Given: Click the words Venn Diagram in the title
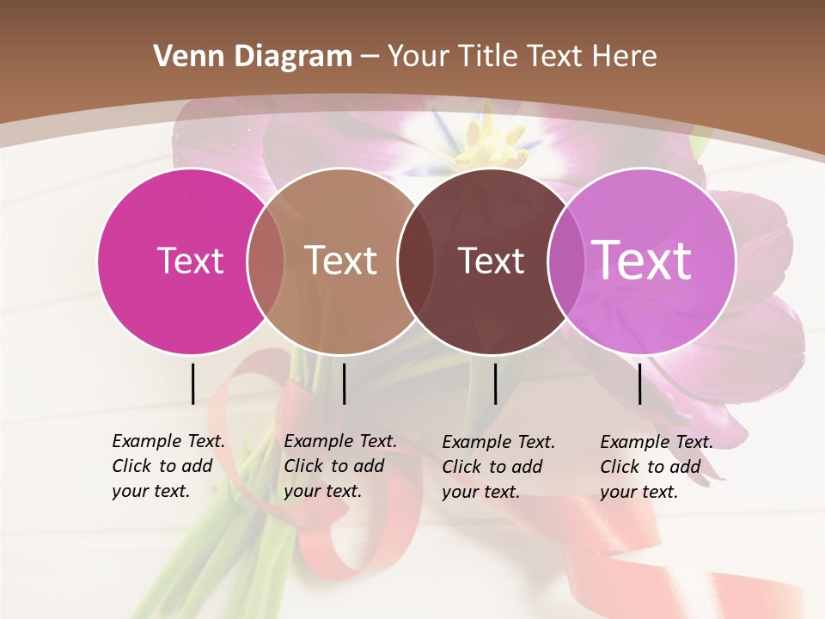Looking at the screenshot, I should (253, 57).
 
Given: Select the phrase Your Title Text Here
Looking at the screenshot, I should (522, 57).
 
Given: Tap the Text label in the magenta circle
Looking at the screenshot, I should (190, 260).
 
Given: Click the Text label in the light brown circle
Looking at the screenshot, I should (341, 260).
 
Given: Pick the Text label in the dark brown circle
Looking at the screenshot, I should (491, 260).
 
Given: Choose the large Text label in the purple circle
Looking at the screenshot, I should (641, 260).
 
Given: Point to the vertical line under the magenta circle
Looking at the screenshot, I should (192, 383).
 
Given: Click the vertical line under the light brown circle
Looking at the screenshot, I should (344, 383).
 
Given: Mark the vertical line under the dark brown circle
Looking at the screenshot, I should (495, 383).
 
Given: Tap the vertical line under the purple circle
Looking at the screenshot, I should (639, 383).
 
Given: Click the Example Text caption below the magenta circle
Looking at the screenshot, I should (168, 466).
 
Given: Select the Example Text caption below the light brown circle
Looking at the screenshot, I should (340, 466).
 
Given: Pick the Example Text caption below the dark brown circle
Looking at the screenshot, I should (498, 467).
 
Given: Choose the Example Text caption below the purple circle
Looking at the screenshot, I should (657, 467).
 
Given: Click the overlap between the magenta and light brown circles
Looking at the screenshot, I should (266, 260).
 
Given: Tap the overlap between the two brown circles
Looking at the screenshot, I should (414, 260).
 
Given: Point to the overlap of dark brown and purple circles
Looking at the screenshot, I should (564, 260).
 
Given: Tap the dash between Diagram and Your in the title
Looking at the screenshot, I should (370, 58).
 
